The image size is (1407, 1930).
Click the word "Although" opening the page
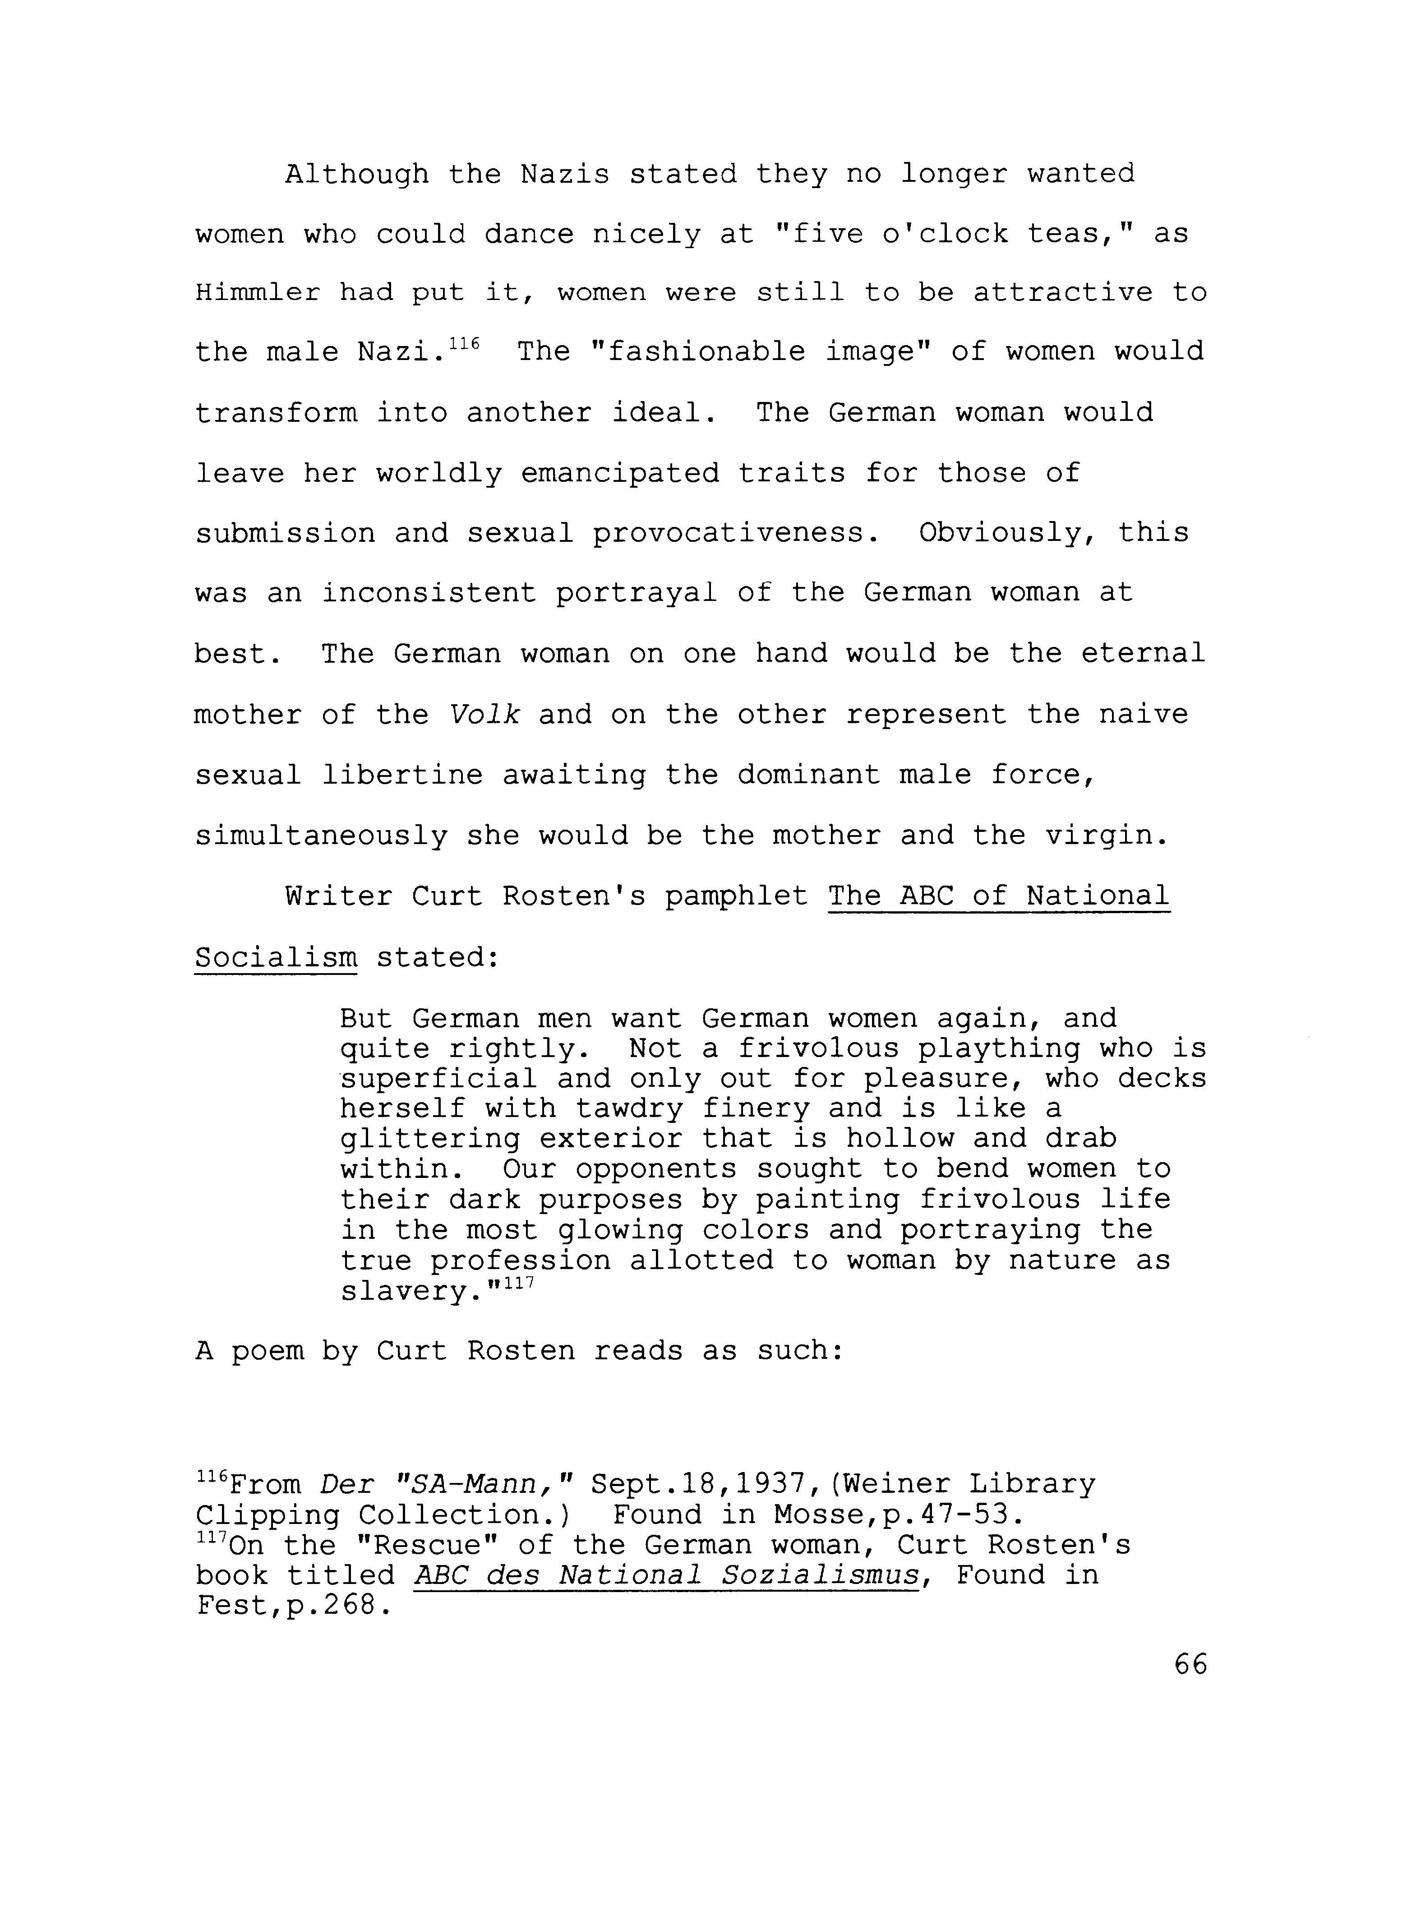357,175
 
